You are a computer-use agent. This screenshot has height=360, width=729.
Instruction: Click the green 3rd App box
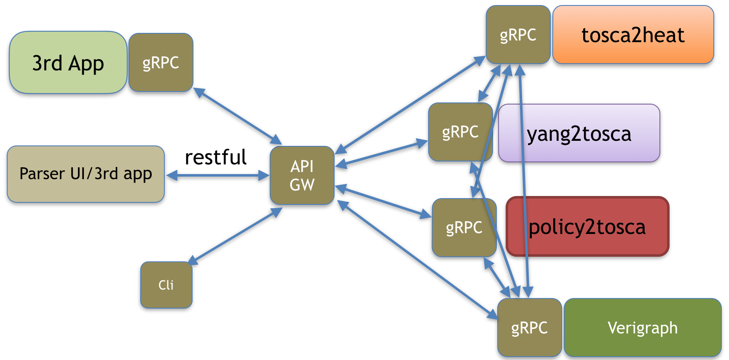click(x=68, y=62)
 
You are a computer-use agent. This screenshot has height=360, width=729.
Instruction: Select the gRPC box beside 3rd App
click(x=161, y=62)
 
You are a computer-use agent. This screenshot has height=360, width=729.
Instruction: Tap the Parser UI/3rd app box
click(x=86, y=174)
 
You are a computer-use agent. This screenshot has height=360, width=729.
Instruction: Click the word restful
click(x=216, y=157)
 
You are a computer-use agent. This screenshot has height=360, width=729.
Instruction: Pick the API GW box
click(x=302, y=175)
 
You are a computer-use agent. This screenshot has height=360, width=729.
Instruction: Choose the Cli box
click(x=166, y=285)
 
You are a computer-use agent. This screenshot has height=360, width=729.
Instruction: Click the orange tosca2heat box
click(x=633, y=35)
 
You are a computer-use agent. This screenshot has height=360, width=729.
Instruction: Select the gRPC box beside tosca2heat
click(x=518, y=35)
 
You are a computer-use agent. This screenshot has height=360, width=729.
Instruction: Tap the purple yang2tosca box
click(x=579, y=133)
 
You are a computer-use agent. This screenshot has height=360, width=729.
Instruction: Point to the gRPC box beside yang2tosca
click(x=460, y=132)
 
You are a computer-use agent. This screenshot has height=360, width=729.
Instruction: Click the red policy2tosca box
click(x=587, y=226)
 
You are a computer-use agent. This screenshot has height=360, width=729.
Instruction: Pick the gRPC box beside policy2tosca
click(x=464, y=228)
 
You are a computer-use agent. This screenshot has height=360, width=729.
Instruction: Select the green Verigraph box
click(x=642, y=328)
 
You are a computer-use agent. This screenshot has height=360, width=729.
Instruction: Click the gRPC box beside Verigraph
click(x=529, y=328)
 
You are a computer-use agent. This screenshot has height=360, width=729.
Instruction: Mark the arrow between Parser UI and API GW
click(x=217, y=175)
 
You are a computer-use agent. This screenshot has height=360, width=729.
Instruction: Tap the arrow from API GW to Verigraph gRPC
click(x=417, y=260)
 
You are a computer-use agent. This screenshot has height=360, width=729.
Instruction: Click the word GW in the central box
click(x=302, y=185)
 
